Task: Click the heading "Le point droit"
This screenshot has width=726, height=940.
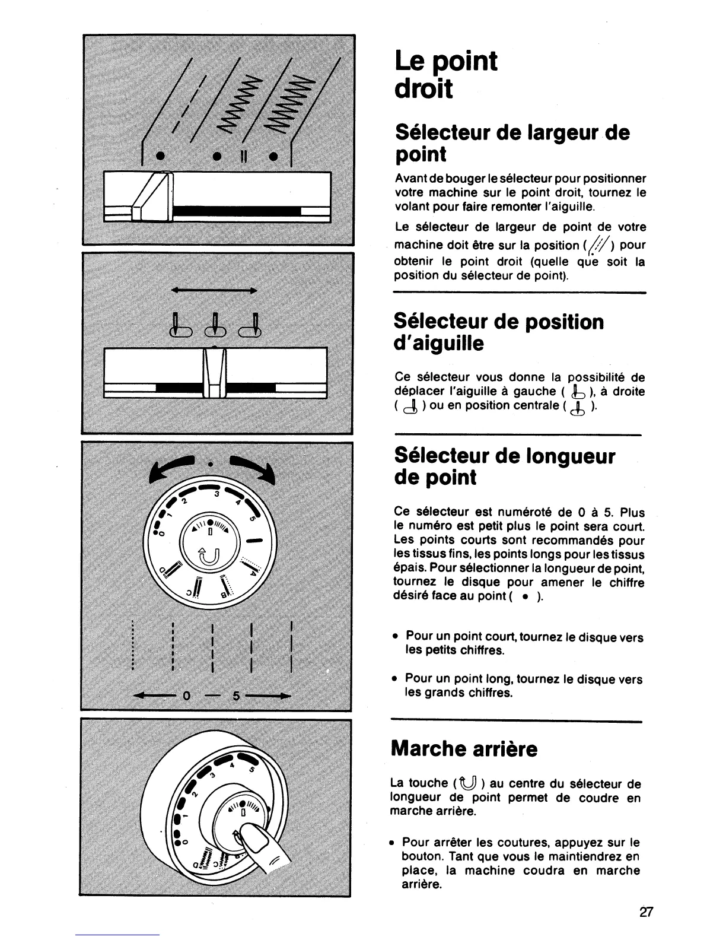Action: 446,75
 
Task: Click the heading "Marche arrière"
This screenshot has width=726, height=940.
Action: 464,748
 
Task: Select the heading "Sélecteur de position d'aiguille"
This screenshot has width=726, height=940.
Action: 499,332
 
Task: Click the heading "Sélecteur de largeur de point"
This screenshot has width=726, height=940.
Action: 511,142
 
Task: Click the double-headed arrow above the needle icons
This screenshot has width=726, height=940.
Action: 213,291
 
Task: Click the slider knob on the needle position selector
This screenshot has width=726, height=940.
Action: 215,372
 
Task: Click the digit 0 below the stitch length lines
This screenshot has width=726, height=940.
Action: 185,696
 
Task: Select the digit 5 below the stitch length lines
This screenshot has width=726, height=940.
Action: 235,696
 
